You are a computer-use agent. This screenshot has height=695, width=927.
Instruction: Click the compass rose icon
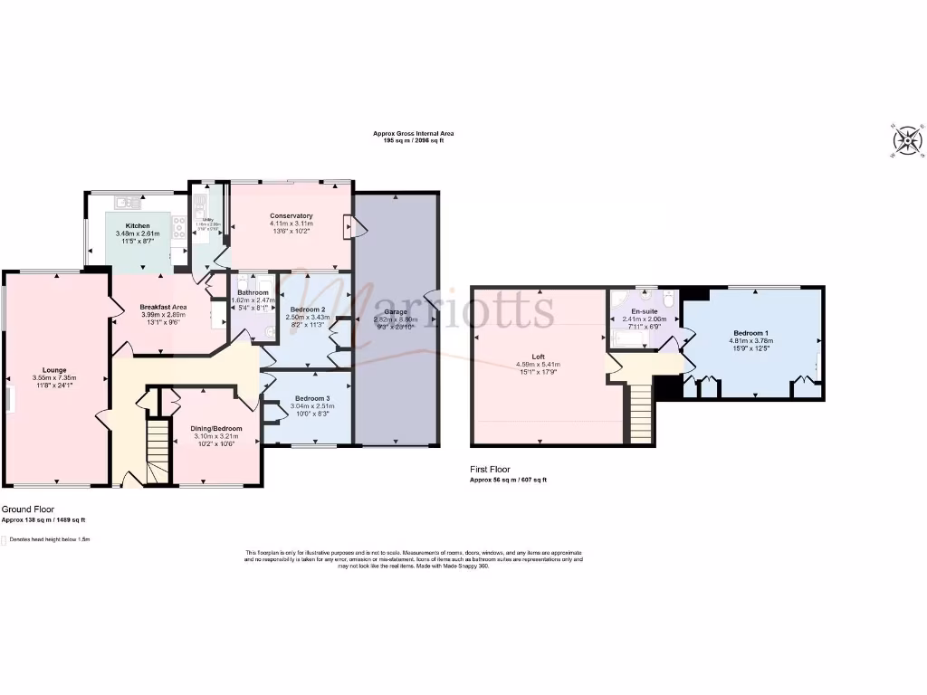[907, 140]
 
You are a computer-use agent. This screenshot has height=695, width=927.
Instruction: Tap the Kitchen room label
[138, 224]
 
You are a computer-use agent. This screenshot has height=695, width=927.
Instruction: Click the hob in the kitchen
[179, 228]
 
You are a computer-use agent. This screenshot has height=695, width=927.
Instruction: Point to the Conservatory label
[291, 215]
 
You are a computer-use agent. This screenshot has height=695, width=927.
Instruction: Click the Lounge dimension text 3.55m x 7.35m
[57, 377]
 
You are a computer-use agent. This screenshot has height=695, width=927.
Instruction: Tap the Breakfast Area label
[163, 308]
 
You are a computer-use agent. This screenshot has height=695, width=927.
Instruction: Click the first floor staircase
[641, 407]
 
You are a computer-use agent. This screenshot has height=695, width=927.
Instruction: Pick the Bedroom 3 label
[311, 398]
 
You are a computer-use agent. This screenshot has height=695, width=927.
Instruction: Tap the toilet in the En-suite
[667, 299]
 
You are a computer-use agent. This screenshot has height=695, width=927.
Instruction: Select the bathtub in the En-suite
[631, 339]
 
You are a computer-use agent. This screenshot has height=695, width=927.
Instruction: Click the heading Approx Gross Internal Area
[414, 133]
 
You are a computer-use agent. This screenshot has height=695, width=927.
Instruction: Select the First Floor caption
[490, 469]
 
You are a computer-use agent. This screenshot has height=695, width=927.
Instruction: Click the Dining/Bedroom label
[215, 428]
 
